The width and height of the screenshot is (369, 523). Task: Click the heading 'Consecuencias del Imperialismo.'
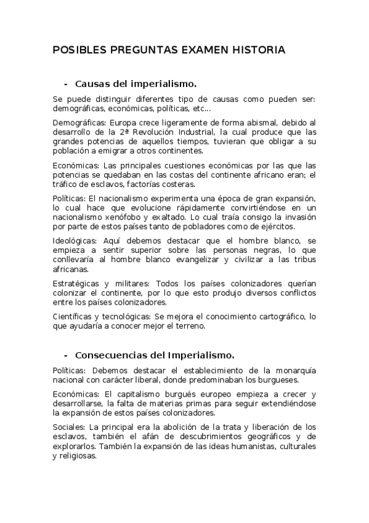coord(155,355)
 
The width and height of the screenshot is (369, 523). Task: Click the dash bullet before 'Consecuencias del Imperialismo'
coord(66,355)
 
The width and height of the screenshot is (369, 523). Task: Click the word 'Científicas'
coord(73,316)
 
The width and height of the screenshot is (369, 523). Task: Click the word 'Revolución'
coord(150,132)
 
